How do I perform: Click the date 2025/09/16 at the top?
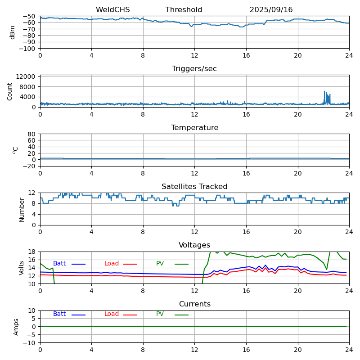point(271,10)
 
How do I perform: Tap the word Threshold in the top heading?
point(184,10)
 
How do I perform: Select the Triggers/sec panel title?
point(194,69)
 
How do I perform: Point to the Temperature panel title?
point(194,128)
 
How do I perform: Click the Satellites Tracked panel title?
point(194,187)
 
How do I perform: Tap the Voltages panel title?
point(194,245)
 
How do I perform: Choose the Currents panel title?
point(194,304)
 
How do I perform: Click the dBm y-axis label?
point(13,32)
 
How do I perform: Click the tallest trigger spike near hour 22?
point(324,91)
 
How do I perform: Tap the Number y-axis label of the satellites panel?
point(22,209)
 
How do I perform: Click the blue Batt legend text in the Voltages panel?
point(59,264)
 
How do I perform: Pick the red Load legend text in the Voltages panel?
point(112,264)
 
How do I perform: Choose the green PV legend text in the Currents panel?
point(160,314)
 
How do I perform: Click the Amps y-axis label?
point(16,327)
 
